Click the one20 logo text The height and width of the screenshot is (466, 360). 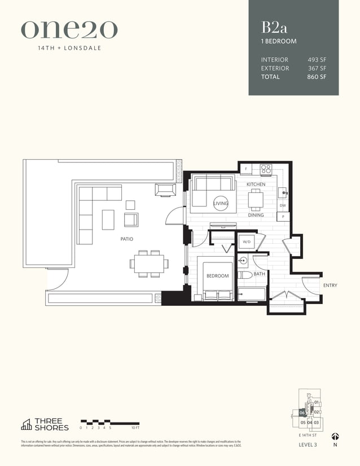point(69,29)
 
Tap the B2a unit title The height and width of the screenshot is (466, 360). point(272,27)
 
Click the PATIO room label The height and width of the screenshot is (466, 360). point(126,239)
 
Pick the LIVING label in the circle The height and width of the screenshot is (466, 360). point(221,203)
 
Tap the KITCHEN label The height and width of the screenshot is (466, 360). point(256,184)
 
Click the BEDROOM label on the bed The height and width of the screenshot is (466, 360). point(217,276)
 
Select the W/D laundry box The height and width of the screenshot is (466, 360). point(247,242)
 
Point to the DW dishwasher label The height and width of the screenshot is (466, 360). point(283,206)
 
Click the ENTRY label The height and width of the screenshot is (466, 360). point(330,285)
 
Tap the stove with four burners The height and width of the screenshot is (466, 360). point(266,169)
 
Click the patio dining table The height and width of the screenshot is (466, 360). point(150,263)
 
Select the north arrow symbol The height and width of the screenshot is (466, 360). point(335,436)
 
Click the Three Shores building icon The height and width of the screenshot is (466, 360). point(26,424)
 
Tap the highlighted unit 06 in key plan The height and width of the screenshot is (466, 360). point(302,412)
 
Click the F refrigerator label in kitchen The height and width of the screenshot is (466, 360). point(246,169)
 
